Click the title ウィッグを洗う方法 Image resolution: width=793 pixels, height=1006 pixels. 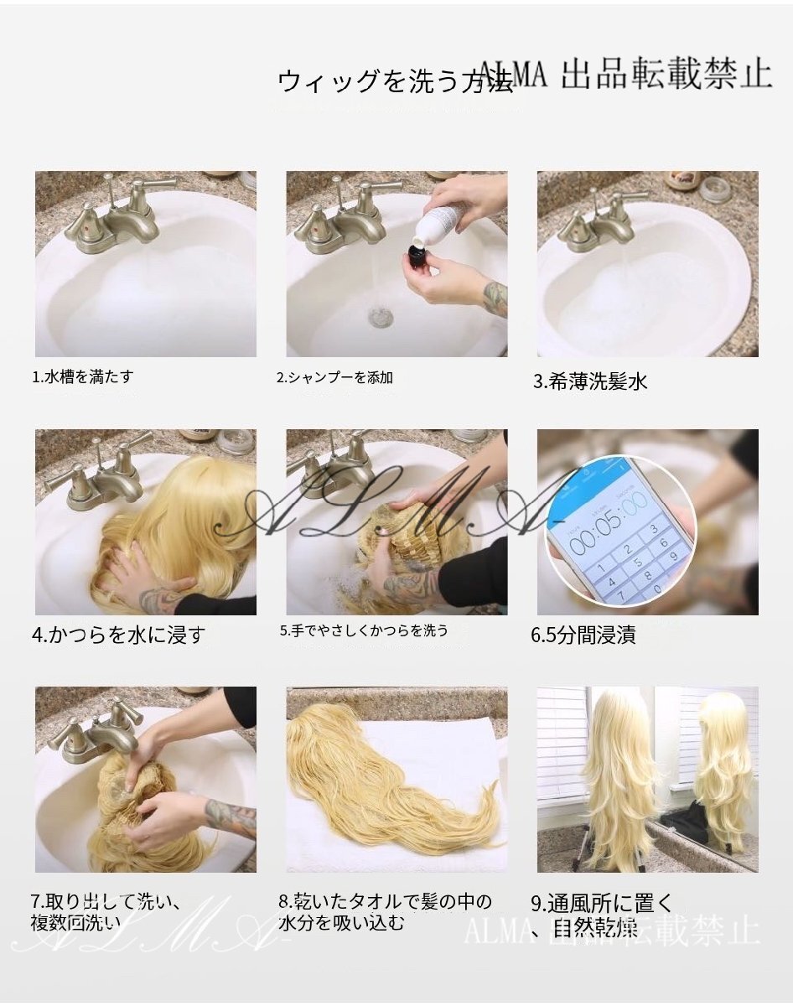coord(394,81)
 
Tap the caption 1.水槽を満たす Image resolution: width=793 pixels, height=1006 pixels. coord(82,377)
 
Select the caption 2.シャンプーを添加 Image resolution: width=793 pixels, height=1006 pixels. coord(334,378)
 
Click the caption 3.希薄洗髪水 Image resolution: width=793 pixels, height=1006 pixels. coord(591,382)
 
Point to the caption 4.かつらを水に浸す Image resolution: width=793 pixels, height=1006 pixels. coord(118,635)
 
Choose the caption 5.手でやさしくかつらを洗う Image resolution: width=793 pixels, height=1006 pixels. coord(364,630)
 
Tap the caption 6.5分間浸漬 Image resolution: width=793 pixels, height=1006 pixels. coord(583,635)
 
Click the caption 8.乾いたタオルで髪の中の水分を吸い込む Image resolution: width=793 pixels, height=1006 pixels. coord(385,912)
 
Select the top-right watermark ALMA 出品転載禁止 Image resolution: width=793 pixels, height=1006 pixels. coord(625,75)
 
